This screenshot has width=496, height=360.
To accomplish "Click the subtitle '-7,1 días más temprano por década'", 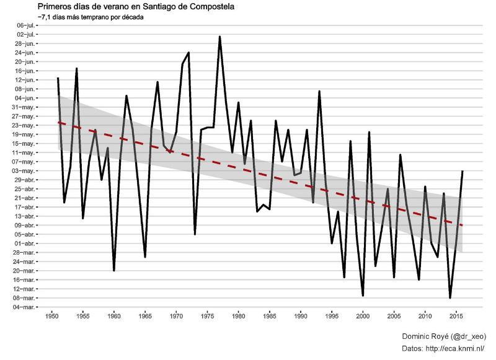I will point(91,17).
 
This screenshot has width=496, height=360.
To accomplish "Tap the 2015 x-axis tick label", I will point(456,317).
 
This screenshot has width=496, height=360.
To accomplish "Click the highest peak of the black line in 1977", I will point(219,37).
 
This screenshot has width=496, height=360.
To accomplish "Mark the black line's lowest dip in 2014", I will point(450,298).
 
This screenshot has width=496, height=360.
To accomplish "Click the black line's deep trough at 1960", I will point(114,270).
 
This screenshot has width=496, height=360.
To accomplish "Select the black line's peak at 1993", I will point(319,91).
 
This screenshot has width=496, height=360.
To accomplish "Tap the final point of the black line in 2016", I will point(463,170).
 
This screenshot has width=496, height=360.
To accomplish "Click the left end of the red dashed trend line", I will point(58,122).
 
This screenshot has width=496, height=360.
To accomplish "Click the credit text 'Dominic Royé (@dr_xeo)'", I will point(443,336).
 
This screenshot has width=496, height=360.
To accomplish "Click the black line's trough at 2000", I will point(363,296).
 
